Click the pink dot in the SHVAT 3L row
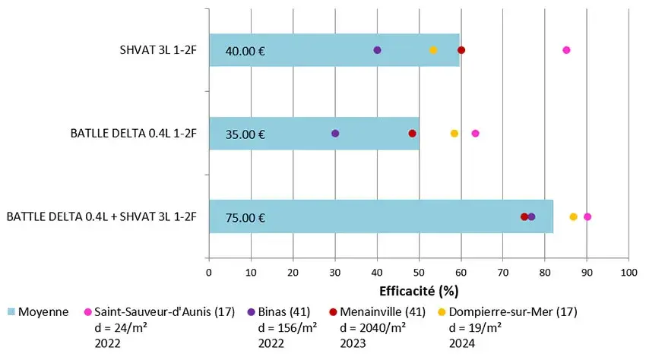pos(566,50)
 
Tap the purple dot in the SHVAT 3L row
pos(378,50)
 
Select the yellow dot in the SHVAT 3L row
pos(433,50)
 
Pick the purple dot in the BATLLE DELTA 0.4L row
pos(335,134)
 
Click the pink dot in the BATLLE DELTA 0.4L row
pos(476,134)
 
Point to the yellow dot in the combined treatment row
pos(573,217)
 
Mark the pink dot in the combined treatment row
pos(587,217)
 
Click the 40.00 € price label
pos(245,52)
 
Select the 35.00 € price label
pos(245,135)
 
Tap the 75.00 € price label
pos(245,219)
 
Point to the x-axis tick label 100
pos(628,271)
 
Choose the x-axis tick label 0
pos(210,271)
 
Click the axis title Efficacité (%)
pos(418,290)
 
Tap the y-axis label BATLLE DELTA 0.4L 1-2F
pos(132,134)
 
